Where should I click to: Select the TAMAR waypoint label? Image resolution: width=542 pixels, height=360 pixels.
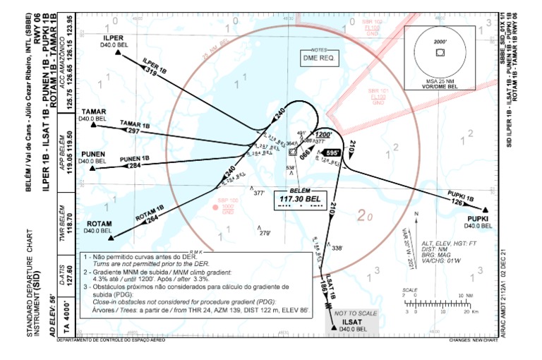point(94,112)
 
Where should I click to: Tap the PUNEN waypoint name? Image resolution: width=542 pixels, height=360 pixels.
point(93,154)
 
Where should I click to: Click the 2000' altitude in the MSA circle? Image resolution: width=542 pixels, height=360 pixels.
point(440,42)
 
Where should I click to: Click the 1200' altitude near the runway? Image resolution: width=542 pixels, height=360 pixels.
point(323,134)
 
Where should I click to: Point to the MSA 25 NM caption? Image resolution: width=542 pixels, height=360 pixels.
point(439,80)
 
